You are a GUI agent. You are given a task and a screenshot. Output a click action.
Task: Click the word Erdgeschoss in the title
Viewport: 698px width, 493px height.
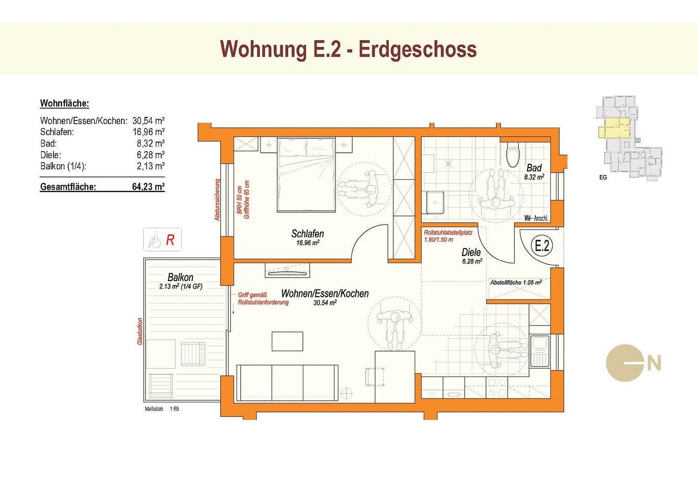pyautogui.click(x=417, y=49)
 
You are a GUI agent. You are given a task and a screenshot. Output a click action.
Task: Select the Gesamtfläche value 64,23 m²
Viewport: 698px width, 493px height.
pyautogui.click(x=148, y=187)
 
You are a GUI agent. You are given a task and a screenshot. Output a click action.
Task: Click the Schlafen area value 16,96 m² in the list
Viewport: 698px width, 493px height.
pyautogui.click(x=148, y=132)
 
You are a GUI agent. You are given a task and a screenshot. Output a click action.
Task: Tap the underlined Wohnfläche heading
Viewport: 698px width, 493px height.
pyautogui.click(x=64, y=103)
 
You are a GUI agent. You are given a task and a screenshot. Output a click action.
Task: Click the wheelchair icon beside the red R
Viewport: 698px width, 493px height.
pyautogui.click(x=155, y=240)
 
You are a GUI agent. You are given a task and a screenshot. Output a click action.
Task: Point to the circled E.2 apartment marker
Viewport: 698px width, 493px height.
pyautogui.click(x=542, y=246)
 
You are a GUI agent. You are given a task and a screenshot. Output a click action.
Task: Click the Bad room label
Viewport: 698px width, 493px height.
pyautogui.click(x=534, y=168)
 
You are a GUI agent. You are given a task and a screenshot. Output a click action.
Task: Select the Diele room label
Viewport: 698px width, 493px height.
pyautogui.click(x=471, y=252)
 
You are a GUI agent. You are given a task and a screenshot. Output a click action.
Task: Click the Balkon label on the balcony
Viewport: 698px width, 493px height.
pyautogui.click(x=180, y=277)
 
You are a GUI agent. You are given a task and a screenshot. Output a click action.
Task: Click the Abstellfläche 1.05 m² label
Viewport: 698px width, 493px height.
pyautogui.click(x=516, y=283)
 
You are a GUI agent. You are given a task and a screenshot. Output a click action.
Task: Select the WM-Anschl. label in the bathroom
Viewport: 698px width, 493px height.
pyautogui.click(x=537, y=218)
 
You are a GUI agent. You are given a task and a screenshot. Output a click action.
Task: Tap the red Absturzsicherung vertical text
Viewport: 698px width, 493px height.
pyautogui.click(x=217, y=199)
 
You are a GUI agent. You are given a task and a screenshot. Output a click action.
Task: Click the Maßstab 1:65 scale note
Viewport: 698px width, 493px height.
pyautogui.click(x=162, y=409)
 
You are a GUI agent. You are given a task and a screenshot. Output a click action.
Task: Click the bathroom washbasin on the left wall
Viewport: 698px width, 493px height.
pyautogui.click(x=434, y=202)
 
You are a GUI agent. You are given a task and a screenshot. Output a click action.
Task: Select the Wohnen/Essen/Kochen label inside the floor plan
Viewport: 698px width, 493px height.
pyautogui.click(x=325, y=294)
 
